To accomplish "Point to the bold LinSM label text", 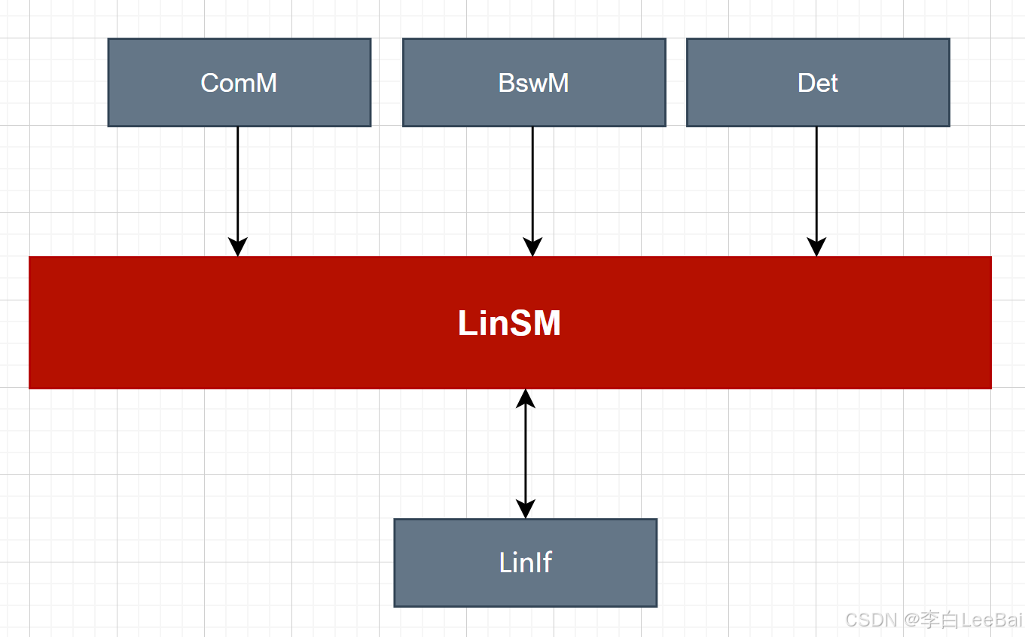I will click(509, 324).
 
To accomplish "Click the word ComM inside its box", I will click(239, 83).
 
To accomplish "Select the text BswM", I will click(533, 83).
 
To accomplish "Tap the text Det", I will click(817, 83).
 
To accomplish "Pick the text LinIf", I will click(525, 562).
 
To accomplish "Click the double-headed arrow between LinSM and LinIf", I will click(525, 452).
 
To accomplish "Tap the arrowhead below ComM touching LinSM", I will click(238, 248).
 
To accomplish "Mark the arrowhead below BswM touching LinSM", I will click(532, 248).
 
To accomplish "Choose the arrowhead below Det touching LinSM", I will click(816, 248).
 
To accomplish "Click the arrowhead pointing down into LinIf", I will click(525, 509).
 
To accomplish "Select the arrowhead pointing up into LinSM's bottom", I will click(525, 398).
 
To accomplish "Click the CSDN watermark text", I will click(870, 620).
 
